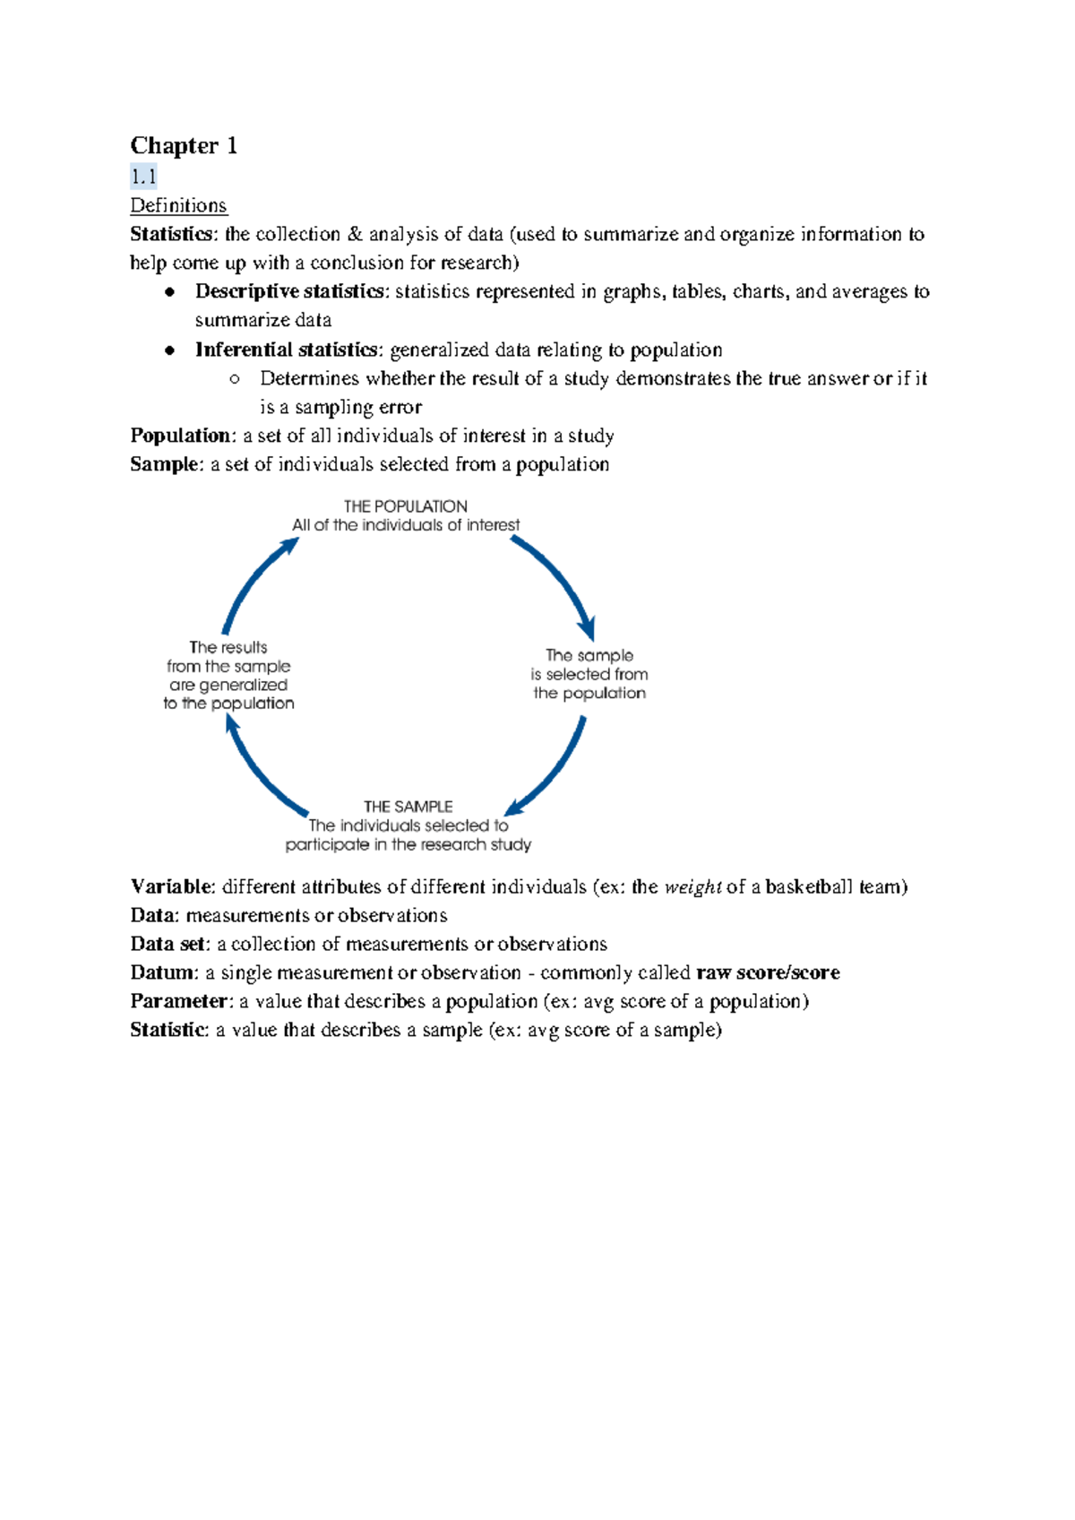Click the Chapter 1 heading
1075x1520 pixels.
pyautogui.click(x=184, y=146)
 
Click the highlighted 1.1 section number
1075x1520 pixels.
pyautogui.click(x=143, y=177)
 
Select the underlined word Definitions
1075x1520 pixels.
pyautogui.click(x=178, y=205)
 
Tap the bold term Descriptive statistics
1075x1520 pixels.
pyautogui.click(x=289, y=291)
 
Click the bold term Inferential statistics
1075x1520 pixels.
pyautogui.click(x=286, y=350)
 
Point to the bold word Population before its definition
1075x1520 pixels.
pyautogui.click(x=180, y=436)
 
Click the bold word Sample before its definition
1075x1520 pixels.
pyautogui.click(x=165, y=464)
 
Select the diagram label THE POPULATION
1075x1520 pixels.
pyautogui.click(x=405, y=506)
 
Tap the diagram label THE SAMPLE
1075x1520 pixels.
pyautogui.click(x=408, y=807)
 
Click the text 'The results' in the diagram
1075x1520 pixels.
pyautogui.click(x=228, y=647)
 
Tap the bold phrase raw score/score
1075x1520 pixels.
pyautogui.click(x=768, y=972)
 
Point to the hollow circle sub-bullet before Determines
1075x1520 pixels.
pyautogui.click(x=235, y=379)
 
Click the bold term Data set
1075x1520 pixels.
pyautogui.click(x=168, y=944)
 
